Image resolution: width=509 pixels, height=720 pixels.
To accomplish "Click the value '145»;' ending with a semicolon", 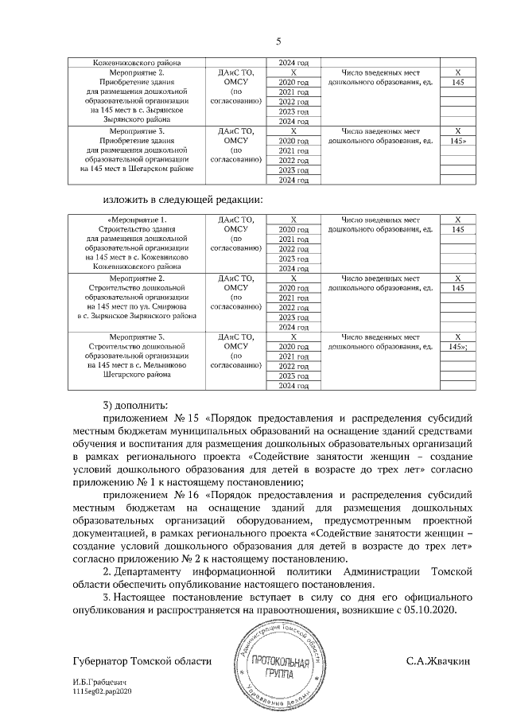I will [457, 347].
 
